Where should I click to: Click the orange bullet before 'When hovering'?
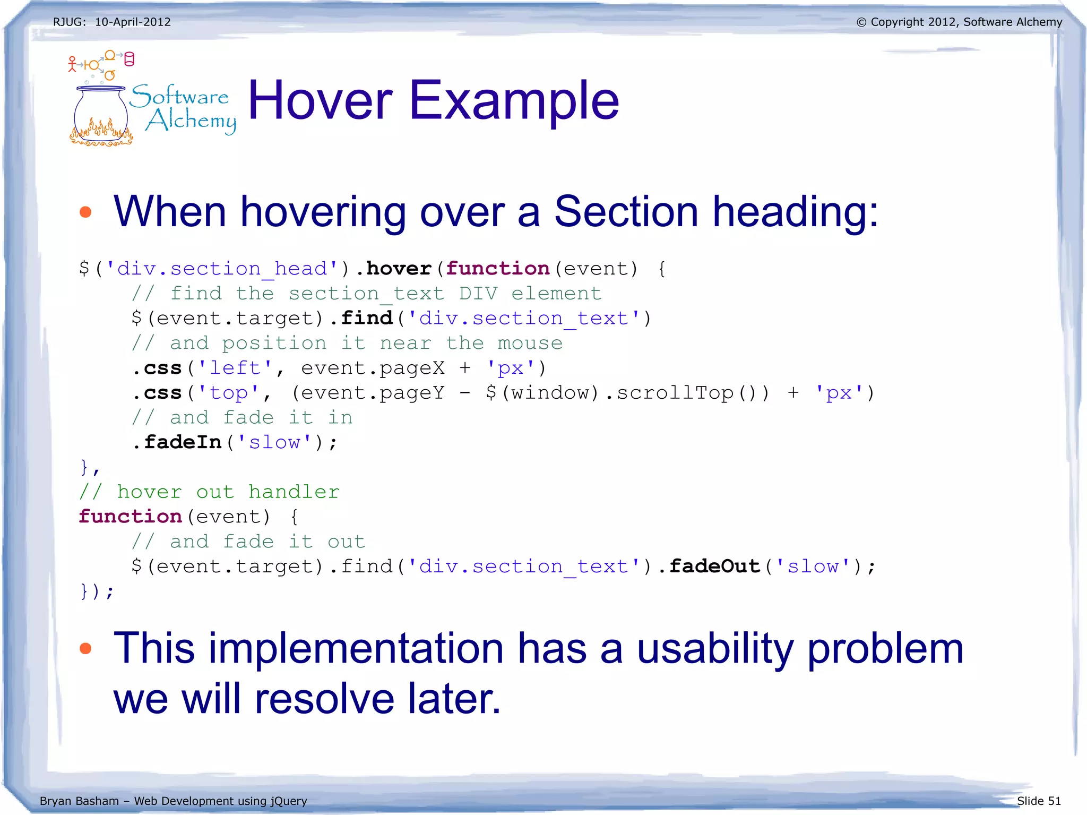click(85, 212)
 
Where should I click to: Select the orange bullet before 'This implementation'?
click(85, 648)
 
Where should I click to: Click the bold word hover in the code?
click(399, 269)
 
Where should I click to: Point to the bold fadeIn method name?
click(183, 442)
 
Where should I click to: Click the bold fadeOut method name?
click(714, 567)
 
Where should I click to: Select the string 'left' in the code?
click(235, 368)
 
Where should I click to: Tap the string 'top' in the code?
click(229, 393)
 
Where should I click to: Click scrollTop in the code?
click(675, 393)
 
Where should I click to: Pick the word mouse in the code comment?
click(530, 343)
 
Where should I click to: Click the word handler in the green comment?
click(294, 492)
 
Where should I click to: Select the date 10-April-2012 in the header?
click(133, 22)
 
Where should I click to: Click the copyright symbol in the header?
click(861, 22)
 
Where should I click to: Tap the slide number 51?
click(1054, 801)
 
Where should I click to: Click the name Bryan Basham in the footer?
click(79, 801)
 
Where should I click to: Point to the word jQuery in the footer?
click(289, 801)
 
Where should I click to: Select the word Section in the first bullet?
click(626, 212)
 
